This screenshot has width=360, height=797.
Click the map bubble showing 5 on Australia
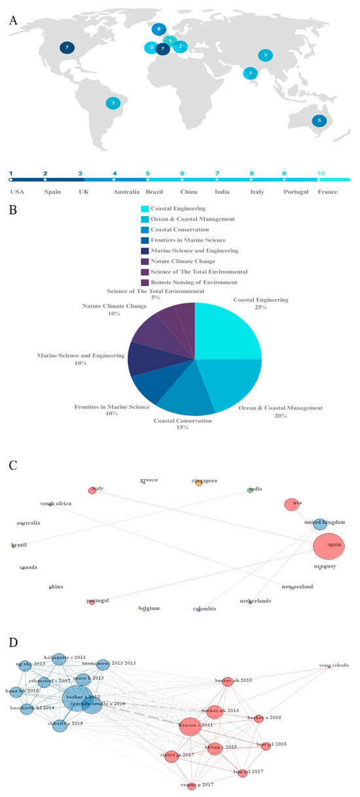(319, 120)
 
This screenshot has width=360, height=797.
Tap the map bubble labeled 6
(158, 29)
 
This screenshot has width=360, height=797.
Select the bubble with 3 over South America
(113, 103)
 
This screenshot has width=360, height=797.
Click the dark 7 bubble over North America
(66, 48)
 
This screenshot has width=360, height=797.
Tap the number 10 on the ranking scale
(320, 173)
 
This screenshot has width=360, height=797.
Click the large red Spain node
(331, 546)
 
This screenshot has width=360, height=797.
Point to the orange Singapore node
(198, 483)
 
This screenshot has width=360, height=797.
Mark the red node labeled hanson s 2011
(190, 726)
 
